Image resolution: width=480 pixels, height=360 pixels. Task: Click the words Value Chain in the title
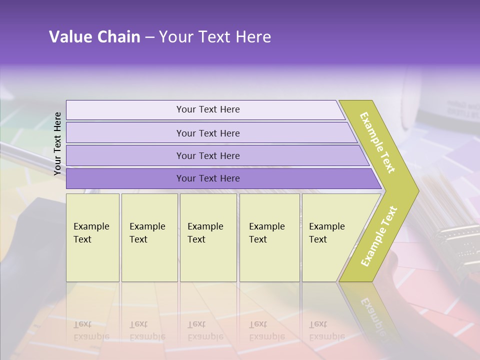click(x=94, y=37)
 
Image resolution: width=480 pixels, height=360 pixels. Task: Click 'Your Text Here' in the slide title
click(x=215, y=37)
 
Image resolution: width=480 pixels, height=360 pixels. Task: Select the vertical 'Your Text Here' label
click(x=58, y=143)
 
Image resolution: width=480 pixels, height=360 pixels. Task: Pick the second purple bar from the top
click(x=207, y=133)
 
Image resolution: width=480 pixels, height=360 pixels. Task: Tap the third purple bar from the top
click(x=207, y=155)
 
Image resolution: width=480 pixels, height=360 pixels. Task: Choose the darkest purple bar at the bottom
click(x=207, y=178)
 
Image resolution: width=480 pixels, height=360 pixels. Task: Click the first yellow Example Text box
click(x=92, y=237)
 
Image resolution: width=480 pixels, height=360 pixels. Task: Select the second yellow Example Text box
click(x=149, y=237)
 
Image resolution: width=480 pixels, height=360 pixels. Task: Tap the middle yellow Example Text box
click(x=208, y=237)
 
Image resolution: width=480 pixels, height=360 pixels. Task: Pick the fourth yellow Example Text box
click(x=269, y=237)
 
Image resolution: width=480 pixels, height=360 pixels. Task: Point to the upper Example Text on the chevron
click(x=377, y=142)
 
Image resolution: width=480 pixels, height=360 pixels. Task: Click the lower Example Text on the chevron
click(x=379, y=236)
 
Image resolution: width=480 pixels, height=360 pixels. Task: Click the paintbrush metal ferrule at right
click(x=457, y=245)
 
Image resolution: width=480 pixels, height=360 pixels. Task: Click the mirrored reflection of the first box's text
click(x=91, y=330)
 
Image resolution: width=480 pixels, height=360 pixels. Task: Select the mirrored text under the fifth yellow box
click(x=326, y=330)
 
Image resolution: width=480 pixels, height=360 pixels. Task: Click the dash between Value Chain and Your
click(x=149, y=37)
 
